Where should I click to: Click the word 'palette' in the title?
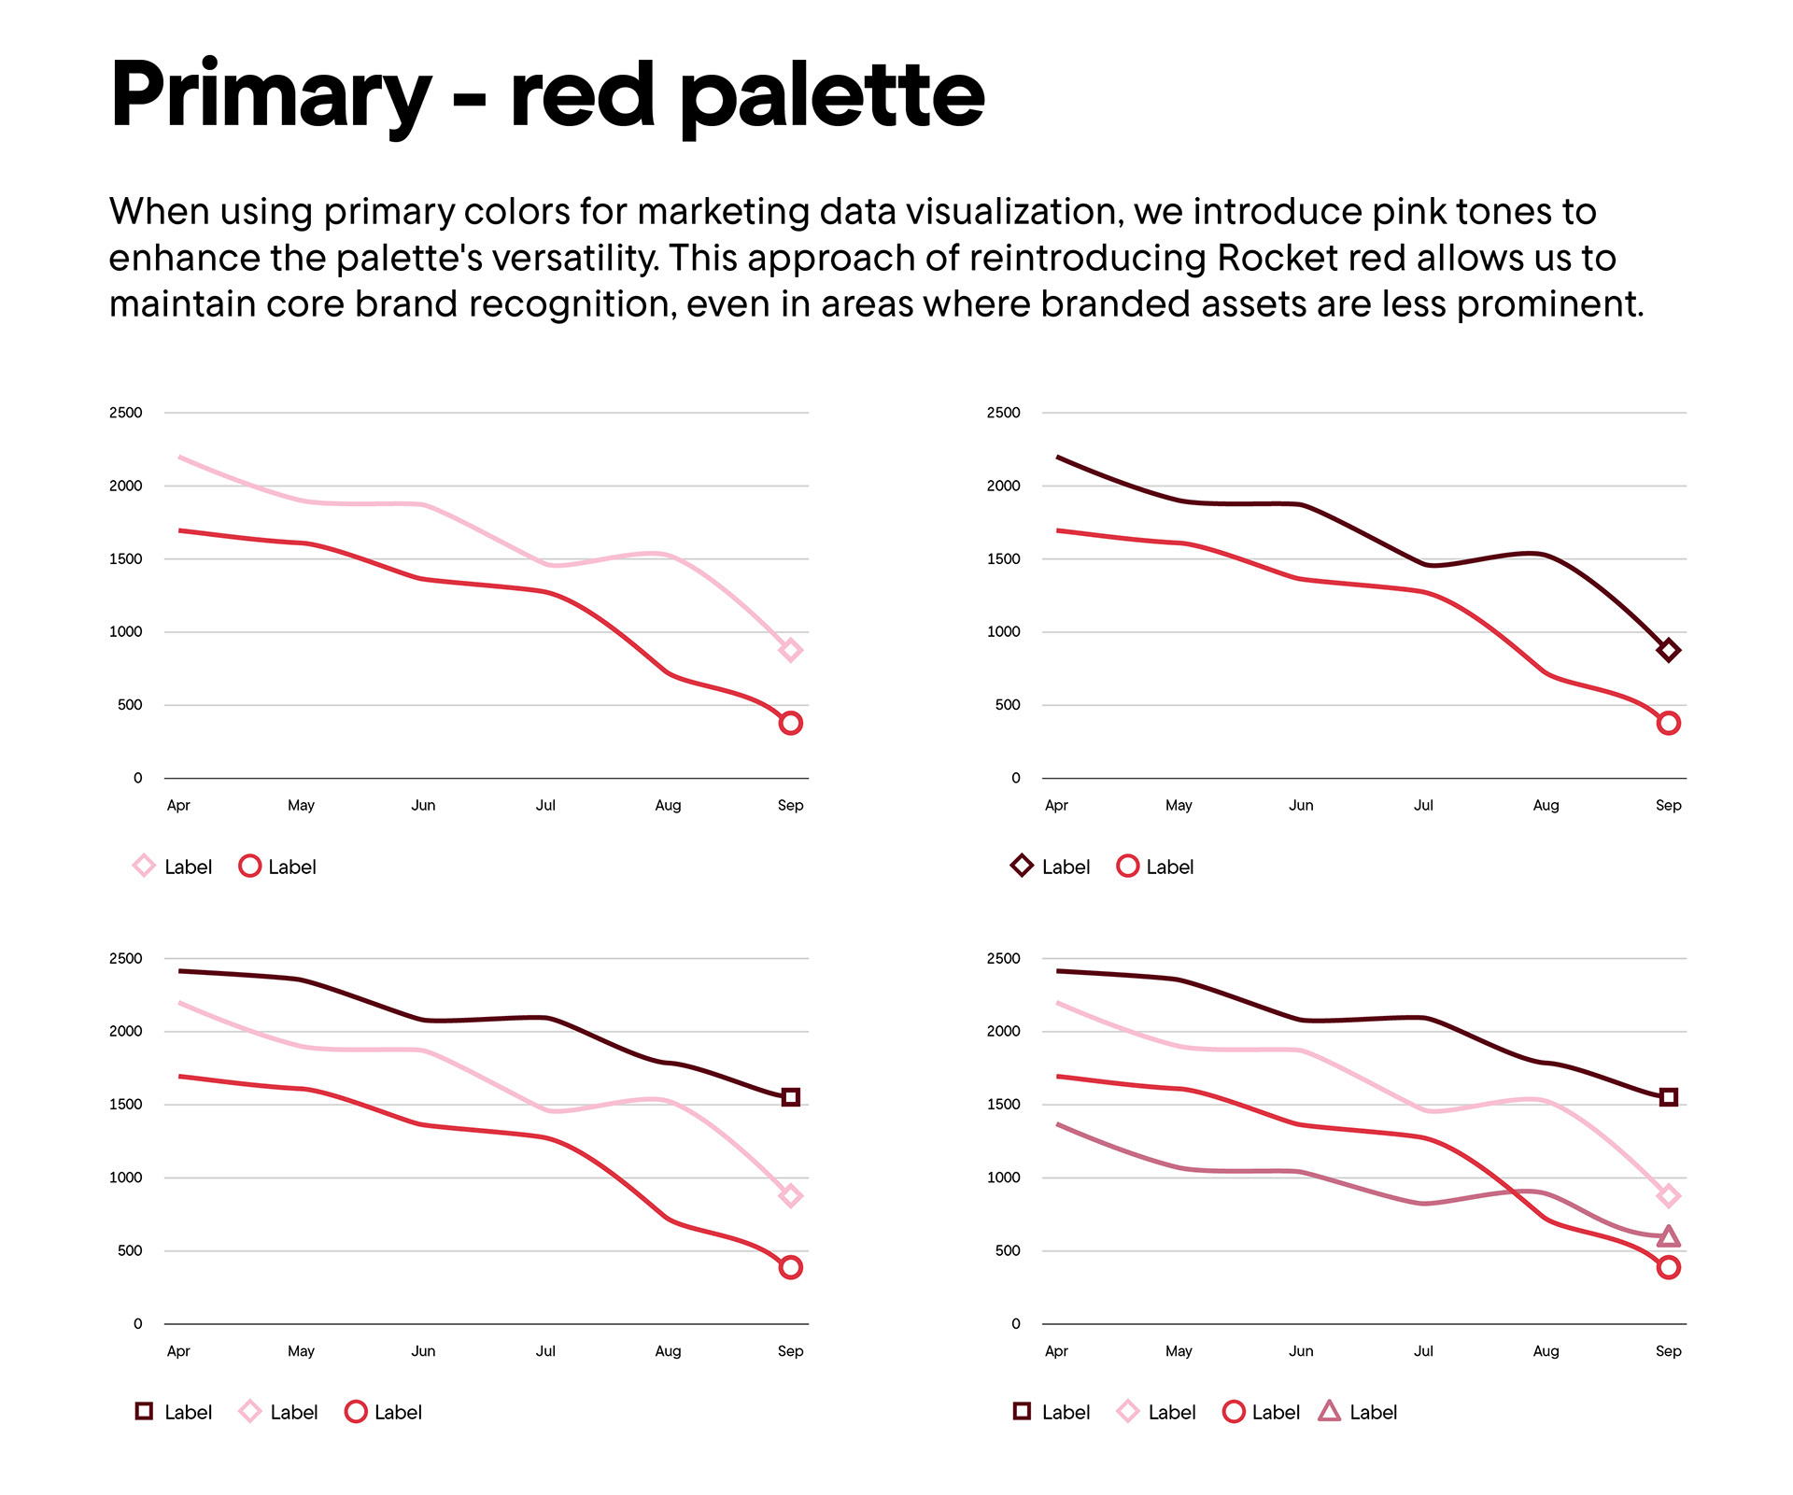tap(832, 96)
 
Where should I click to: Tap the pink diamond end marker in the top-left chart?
tap(790, 651)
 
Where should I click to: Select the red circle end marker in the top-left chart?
tap(790, 723)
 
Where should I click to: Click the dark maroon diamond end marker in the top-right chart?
tap(1668, 651)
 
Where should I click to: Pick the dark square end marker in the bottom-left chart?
tap(790, 1097)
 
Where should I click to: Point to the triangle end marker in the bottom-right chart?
tap(1668, 1237)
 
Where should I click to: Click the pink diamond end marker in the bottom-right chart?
tap(1668, 1196)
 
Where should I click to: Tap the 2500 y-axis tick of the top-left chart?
tap(126, 413)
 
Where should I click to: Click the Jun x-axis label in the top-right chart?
tap(1301, 805)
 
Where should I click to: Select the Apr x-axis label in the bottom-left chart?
tap(178, 1351)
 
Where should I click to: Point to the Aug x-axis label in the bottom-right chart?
tap(1546, 1351)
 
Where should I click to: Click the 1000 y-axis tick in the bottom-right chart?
tap(1004, 1178)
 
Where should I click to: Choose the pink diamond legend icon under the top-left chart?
tap(144, 866)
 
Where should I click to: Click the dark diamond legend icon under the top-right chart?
tap(1022, 866)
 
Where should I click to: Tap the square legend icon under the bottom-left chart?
tap(144, 1411)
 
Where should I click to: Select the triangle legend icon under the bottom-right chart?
tap(1329, 1411)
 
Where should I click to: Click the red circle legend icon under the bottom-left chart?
tap(356, 1411)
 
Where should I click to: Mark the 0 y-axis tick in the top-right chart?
tap(1016, 778)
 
